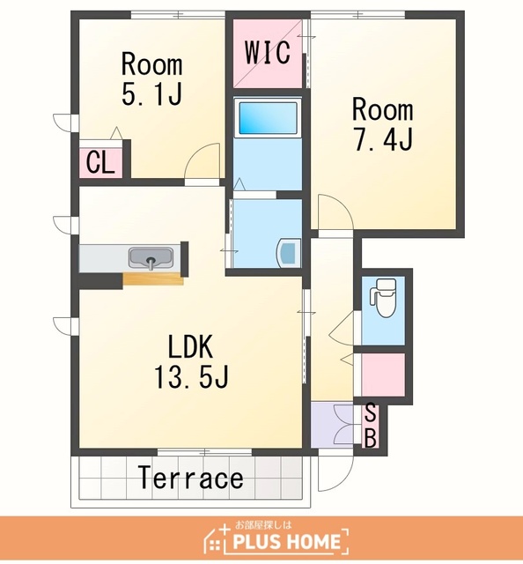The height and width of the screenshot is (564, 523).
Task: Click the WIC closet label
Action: tap(268, 53)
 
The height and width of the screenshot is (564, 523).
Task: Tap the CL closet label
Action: tap(100, 162)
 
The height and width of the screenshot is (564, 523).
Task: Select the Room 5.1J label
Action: tap(152, 79)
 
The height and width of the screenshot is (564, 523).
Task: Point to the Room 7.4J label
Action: tap(383, 123)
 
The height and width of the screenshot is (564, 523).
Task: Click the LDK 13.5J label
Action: tap(191, 361)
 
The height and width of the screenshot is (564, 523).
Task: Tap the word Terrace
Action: tap(190, 478)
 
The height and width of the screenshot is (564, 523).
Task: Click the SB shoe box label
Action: tap(370, 426)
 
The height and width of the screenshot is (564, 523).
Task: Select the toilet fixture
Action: tap(384, 298)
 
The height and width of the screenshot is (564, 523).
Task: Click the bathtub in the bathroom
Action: tap(269, 118)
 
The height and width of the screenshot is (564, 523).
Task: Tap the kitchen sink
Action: tap(151, 258)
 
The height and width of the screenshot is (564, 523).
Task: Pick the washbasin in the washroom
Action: tap(288, 253)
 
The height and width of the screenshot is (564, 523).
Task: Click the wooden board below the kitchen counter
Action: tap(153, 278)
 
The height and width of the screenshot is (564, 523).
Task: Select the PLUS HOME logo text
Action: tap(286, 542)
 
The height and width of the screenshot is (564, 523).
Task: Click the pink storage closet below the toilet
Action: tap(382, 375)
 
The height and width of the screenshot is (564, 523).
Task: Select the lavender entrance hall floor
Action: tap(332, 425)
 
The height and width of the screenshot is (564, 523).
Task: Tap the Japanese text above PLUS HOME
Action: tap(263, 525)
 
